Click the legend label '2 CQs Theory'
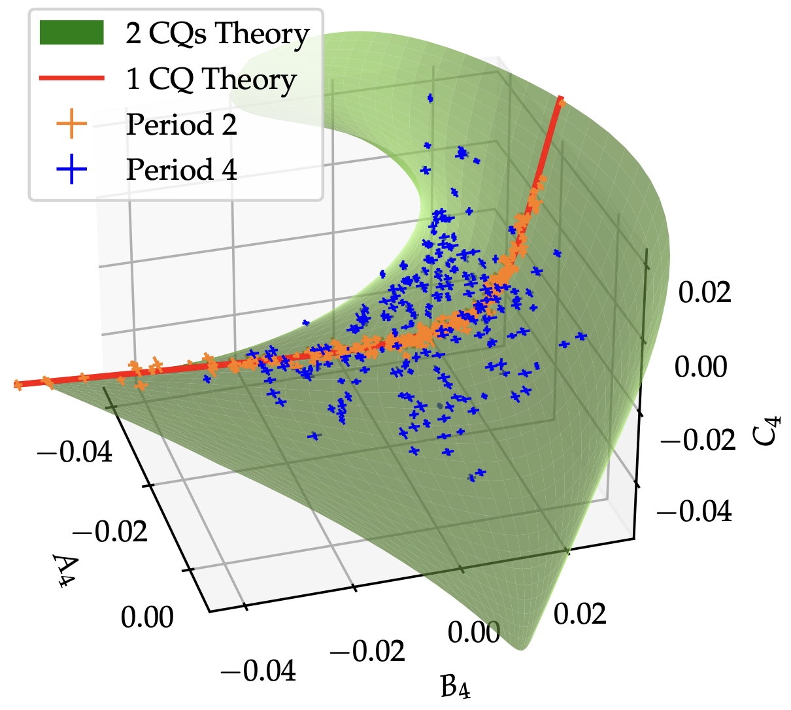(x=218, y=34)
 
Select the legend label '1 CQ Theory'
(x=211, y=79)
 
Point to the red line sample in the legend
(x=72, y=79)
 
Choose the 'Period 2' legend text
(x=181, y=124)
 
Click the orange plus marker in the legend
(x=72, y=124)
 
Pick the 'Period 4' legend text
(x=181, y=169)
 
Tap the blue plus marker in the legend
(x=72, y=169)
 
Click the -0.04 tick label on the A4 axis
(x=75, y=452)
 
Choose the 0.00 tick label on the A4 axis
(x=148, y=617)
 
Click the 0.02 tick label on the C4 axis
(x=705, y=292)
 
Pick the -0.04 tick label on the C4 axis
(x=694, y=511)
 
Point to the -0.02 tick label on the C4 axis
(x=698, y=439)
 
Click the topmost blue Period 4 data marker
(x=430, y=98)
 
